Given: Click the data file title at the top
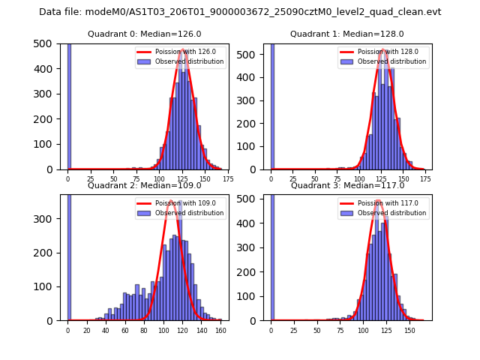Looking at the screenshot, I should [240, 12].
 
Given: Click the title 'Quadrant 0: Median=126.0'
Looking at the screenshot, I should [145, 34].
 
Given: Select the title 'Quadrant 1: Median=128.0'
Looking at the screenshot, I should [347, 34].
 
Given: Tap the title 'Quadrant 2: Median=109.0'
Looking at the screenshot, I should [145, 185].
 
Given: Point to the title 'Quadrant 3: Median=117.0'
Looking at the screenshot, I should [347, 185].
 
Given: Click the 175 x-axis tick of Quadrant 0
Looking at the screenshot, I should [228, 179].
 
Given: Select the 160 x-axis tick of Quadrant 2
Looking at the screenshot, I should [220, 330].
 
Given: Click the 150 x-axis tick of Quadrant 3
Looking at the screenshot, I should [409, 330].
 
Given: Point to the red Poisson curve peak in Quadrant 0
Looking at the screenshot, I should [182, 50].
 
